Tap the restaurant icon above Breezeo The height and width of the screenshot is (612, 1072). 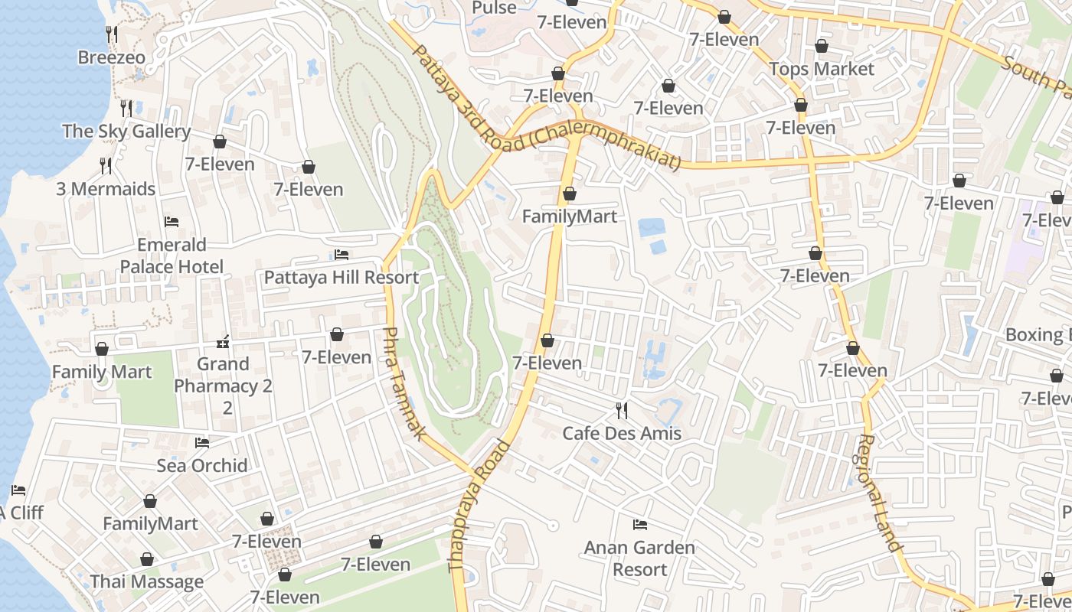pos(112,34)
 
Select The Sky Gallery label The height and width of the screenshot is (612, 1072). pos(126,131)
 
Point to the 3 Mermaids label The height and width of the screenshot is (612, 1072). pos(106,188)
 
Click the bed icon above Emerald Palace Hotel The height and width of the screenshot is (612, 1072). pos(172,222)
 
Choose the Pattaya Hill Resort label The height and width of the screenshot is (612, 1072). pos(341,277)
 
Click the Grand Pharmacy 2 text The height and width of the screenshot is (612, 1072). pos(223,375)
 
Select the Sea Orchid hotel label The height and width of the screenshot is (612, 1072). pos(202,465)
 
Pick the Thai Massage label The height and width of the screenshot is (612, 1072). pos(147,581)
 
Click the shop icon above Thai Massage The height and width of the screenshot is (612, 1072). pos(147,559)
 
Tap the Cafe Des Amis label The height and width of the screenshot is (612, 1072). pos(622,433)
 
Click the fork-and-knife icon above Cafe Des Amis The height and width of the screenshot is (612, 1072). pos(622,411)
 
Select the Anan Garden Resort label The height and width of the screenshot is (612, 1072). pos(639,558)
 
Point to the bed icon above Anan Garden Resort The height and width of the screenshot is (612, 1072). pos(640,525)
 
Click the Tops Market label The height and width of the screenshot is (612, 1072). pos(822,69)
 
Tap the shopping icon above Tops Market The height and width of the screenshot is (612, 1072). pos(822,46)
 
